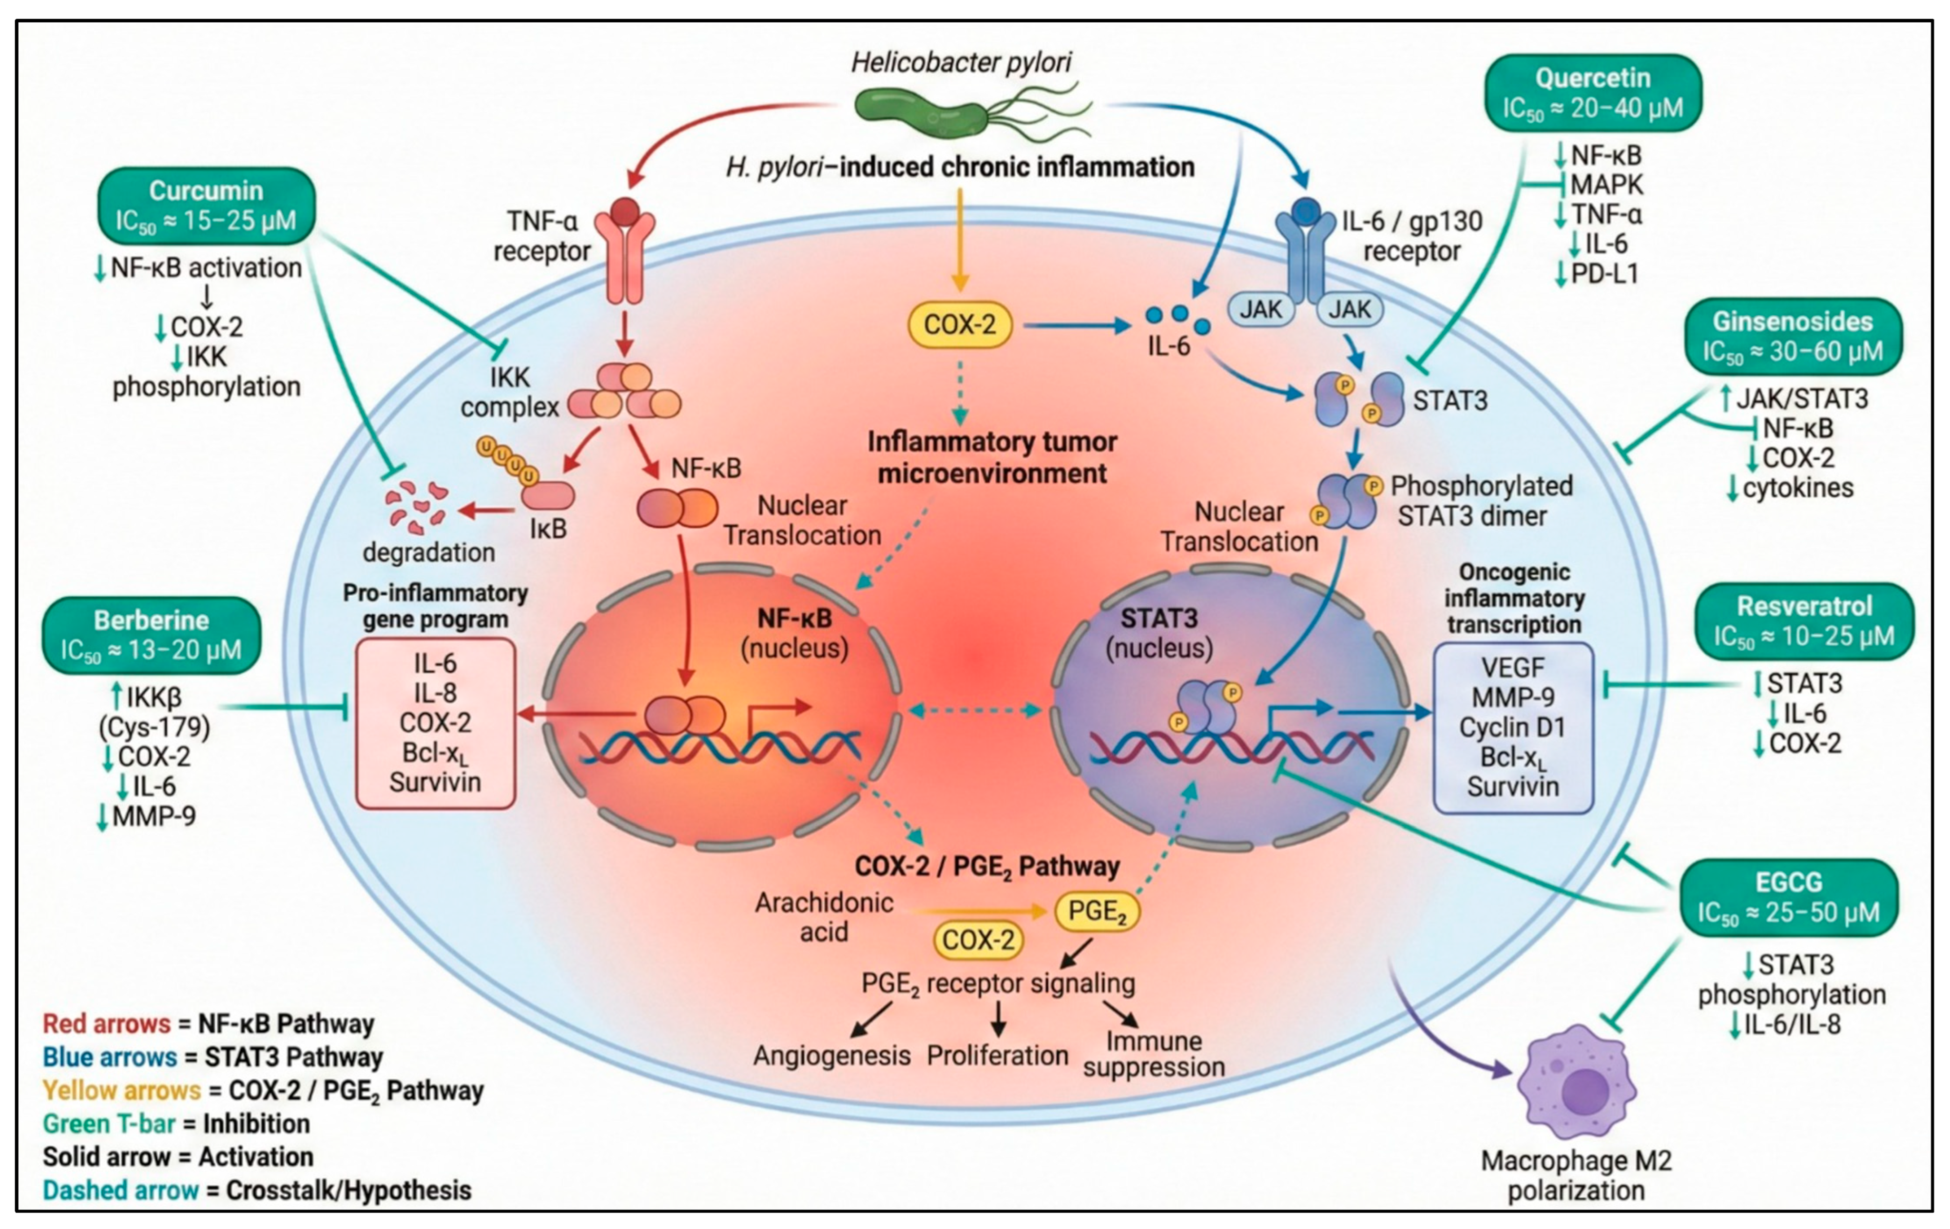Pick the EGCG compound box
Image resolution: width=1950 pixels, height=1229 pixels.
click(1789, 897)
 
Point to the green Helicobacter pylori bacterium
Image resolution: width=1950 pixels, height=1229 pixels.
click(972, 113)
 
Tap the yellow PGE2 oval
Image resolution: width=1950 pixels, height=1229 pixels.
click(1097, 911)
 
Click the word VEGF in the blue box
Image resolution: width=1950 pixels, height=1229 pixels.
click(1513, 668)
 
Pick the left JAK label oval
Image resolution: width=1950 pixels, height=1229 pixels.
click(1261, 309)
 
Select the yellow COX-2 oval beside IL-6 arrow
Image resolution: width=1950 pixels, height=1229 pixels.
click(960, 324)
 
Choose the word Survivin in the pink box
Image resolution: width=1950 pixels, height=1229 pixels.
click(435, 782)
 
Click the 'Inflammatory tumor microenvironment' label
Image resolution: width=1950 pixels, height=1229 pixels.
click(992, 457)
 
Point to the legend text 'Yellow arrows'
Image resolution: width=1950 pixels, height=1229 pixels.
click(121, 1091)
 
